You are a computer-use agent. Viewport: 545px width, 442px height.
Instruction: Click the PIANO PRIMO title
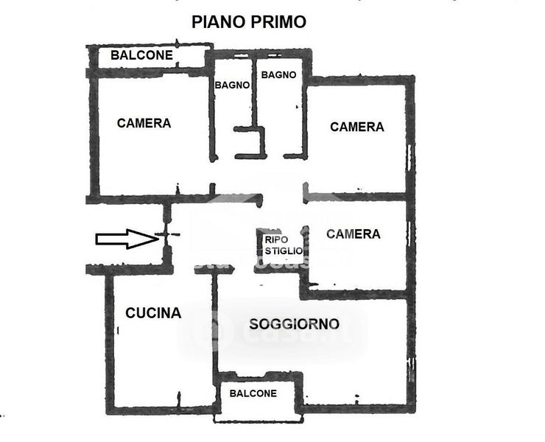click(249, 21)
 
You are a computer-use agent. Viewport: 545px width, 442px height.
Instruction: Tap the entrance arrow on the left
click(124, 238)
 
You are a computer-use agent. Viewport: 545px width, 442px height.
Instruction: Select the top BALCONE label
click(142, 55)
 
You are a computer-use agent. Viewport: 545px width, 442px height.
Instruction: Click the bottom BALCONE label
click(253, 393)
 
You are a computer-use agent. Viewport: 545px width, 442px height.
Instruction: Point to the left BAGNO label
click(233, 85)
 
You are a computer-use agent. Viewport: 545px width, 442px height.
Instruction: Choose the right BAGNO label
click(279, 74)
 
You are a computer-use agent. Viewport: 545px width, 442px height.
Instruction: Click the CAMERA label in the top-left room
click(144, 123)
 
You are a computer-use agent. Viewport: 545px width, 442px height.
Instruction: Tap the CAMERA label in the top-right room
click(357, 127)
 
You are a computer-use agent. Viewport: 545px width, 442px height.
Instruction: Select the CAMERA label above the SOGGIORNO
click(354, 234)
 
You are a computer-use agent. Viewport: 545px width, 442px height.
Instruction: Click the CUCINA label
click(153, 313)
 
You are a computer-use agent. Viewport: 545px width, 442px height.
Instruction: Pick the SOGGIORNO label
click(294, 323)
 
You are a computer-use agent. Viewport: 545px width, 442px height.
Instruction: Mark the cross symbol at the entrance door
click(166, 236)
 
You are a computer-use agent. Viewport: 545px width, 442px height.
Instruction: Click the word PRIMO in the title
click(278, 21)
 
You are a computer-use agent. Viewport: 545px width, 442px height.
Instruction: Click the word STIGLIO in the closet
click(283, 250)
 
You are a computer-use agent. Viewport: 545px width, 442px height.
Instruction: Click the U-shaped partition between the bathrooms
click(250, 141)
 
